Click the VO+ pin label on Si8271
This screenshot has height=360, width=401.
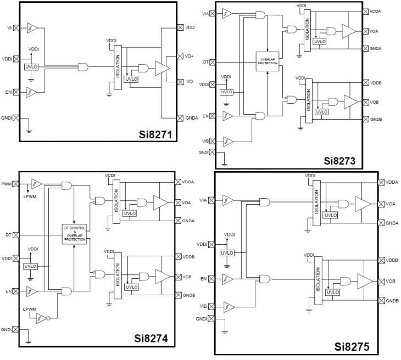click(190, 56)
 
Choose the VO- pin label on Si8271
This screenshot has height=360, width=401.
click(190, 81)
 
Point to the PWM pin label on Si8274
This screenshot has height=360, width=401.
click(7, 184)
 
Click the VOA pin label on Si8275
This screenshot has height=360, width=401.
click(391, 204)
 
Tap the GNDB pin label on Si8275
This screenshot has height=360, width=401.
click(392, 301)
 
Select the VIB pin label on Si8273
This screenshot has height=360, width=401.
click(205, 142)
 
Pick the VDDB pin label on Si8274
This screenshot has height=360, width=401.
click(189, 256)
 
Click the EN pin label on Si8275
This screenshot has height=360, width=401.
click(203, 279)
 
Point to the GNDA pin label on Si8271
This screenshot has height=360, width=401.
click(191, 117)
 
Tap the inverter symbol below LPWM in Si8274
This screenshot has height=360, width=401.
click(42, 318)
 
